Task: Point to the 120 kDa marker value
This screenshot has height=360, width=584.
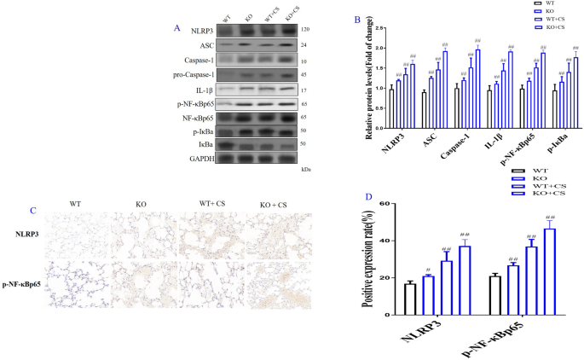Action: (x=305, y=29)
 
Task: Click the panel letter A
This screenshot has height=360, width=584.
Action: (x=176, y=28)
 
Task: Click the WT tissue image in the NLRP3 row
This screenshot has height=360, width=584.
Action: (x=76, y=235)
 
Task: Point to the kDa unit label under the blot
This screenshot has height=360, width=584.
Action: (x=306, y=170)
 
